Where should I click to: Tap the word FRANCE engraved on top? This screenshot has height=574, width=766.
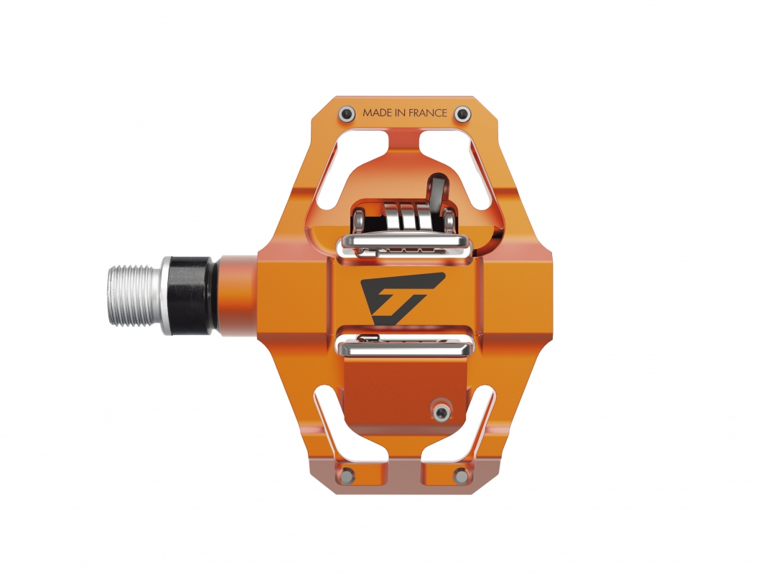click(x=427, y=113)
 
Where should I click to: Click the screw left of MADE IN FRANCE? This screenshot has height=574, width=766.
click(x=347, y=114)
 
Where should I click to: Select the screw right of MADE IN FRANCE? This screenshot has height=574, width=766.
click(x=462, y=114)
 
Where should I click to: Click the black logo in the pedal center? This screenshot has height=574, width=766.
click(x=401, y=298)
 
